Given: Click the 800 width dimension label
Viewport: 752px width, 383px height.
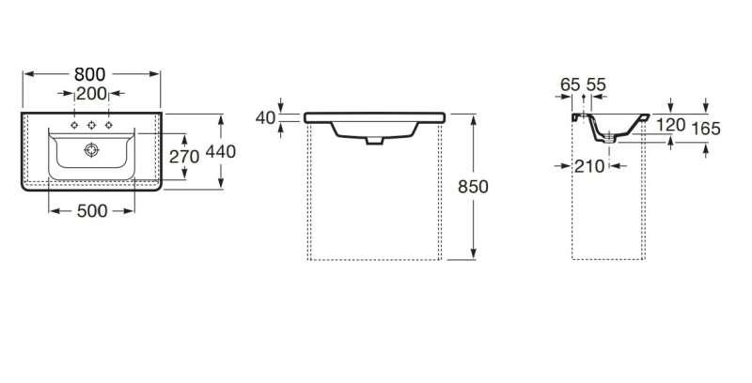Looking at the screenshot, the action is (89, 74).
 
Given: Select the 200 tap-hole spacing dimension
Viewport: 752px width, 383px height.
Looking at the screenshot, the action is (91, 94).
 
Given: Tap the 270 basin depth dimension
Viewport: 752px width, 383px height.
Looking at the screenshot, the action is (184, 157).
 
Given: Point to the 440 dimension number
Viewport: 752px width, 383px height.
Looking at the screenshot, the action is (221, 152).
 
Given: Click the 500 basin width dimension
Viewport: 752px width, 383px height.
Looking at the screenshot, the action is (92, 210).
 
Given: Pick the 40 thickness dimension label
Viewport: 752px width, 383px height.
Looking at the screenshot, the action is (265, 117).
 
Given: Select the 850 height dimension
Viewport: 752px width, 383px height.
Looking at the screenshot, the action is (473, 187).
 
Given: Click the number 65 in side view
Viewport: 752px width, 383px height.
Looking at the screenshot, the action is (571, 84).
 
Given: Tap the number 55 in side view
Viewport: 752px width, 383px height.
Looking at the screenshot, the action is (596, 84).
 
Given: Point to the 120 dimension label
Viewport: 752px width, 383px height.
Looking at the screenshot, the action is (670, 125).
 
